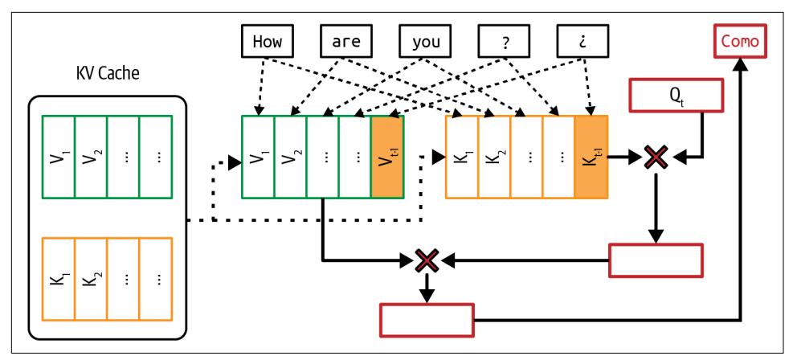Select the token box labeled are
click(346, 42)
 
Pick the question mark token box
click(505, 42)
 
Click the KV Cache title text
click(107, 77)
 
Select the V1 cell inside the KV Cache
click(59, 156)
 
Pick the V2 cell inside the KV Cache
click(91, 156)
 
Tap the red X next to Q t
click(656, 157)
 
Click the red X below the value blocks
click(427, 260)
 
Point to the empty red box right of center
click(656, 260)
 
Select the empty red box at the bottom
click(427, 320)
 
